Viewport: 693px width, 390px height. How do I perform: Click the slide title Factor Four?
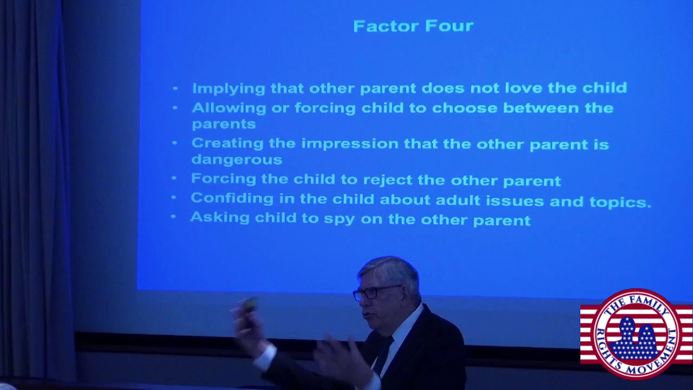tap(413, 26)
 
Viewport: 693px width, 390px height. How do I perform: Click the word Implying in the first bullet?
tap(221, 89)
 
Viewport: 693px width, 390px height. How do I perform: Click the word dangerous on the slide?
tap(237, 160)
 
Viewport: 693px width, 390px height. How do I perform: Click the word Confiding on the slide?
tap(232, 199)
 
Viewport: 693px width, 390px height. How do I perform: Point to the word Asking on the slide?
tap(219, 218)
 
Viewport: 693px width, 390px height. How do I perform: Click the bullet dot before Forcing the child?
tap(174, 178)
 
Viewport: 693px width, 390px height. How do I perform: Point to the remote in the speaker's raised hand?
tap(250, 305)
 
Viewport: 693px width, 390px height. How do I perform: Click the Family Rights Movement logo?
tap(636, 333)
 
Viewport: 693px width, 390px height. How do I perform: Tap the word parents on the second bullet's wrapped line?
tap(223, 124)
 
